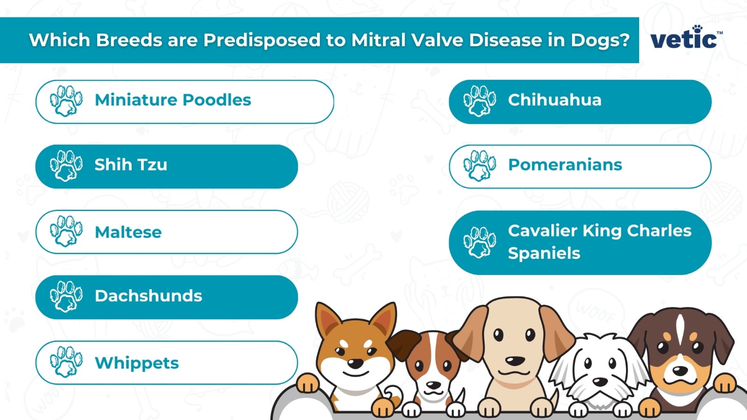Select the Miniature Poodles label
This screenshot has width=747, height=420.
(x=173, y=100)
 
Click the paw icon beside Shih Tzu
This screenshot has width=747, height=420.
(x=66, y=165)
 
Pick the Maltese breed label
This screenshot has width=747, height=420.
(x=128, y=232)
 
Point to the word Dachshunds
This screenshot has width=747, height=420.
(x=148, y=296)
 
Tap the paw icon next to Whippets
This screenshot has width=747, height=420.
(x=66, y=361)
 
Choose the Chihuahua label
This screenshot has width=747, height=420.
(x=554, y=100)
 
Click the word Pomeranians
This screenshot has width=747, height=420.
(x=565, y=165)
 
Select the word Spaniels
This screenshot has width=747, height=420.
(x=544, y=253)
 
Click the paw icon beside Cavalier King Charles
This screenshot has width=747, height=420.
(x=479, y=242)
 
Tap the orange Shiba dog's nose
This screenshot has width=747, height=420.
(x=355, y=363)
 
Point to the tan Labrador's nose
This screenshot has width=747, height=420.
(x=515, y=361)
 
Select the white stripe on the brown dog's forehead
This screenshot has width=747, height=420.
(x=680, y=327)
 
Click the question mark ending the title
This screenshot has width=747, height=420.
(x=625, y=40)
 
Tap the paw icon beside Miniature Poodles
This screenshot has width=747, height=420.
(x=66, y=100)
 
